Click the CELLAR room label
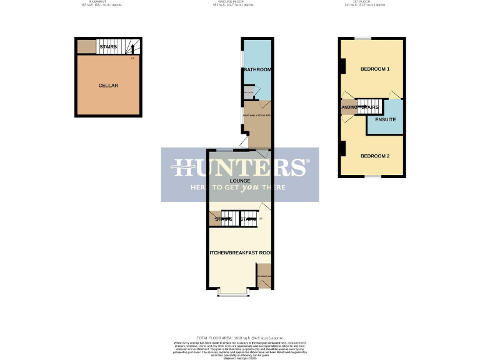[108, 85]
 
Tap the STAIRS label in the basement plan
[108, 47]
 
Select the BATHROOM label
[257, 69]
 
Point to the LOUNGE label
[239, 181]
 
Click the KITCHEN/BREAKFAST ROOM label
[240, 252]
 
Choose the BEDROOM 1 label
[374, 69]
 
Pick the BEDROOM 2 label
[374, 156]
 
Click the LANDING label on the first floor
[348, 107]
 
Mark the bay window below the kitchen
[233, 292]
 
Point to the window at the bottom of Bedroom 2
[372, 177]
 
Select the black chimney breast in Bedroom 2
[342, 149]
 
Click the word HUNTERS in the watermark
[240, 168]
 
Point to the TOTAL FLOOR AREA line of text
[240, 337]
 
